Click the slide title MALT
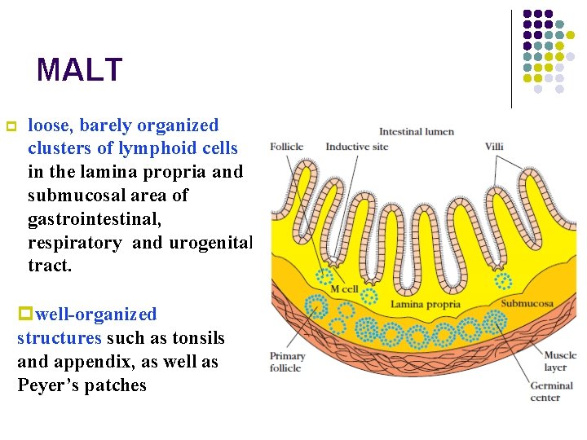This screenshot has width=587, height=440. click(79, 70)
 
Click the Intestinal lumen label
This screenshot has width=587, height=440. click(417, 131)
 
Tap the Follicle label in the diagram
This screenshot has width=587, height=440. click(286, 147)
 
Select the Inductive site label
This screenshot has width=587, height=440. click(357, 147)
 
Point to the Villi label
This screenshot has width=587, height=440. click(494, 147)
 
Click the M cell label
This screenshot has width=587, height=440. click(344, 289)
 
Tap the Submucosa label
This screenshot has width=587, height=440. click(527, 304)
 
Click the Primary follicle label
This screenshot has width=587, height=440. click(288, 362)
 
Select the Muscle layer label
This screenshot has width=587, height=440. click(560, 362)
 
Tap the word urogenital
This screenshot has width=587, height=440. click(211, 243)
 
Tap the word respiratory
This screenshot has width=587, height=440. click(74, 243)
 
